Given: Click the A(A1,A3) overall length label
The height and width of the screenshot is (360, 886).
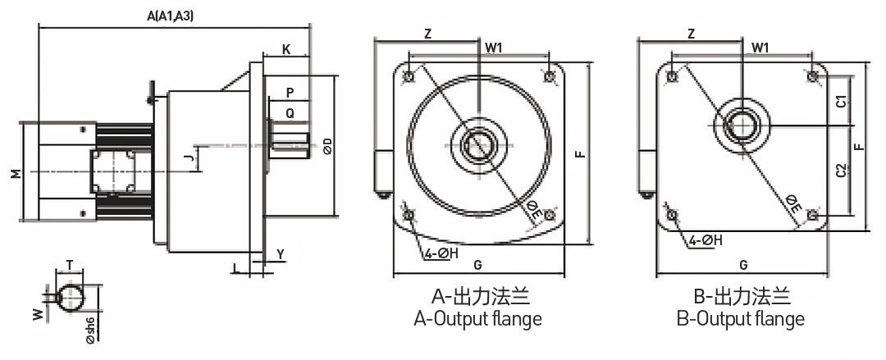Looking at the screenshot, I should tap(171, 16).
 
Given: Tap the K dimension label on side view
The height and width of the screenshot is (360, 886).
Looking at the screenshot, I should tap(285, 49).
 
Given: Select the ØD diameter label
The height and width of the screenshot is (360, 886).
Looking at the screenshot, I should tap(328, 146).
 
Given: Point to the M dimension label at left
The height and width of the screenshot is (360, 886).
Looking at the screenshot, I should tap(15, 173).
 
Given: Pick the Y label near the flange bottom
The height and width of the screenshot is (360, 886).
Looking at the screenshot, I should tap(280, 254).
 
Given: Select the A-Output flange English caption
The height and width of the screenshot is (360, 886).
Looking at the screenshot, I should tap(477, 318).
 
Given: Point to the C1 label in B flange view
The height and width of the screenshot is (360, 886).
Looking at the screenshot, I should tap(840, 103).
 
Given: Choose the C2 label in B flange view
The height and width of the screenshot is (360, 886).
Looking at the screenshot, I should tap(840, 171).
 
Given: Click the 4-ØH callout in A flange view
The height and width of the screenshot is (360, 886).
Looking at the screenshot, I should tap(441, 253).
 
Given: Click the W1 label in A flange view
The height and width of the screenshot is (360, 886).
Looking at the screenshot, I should tap(494, 48).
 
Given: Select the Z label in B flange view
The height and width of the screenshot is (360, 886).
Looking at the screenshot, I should tap(691, 34).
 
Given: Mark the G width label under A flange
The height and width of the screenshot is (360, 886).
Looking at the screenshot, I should tap(477, 265).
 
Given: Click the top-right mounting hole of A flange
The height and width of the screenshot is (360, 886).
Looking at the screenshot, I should tap(549, 75).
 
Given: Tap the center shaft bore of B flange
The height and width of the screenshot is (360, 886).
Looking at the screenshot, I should tap(742, 125).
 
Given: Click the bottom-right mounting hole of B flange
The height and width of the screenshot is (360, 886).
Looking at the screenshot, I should tap(812, 215).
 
